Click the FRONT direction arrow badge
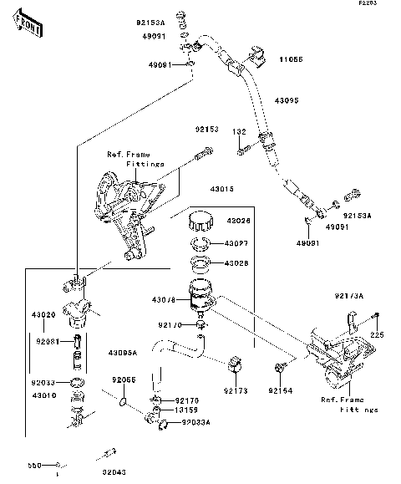pyautogui.click(x=27, y=26)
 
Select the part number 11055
pyautogui.click(x=290, y=60)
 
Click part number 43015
pyautogui.click(x=221, y=190)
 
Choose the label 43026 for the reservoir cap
pyautogui.click(x=239, y=221)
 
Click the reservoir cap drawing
pyautogui.click(x=200, y=222)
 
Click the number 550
pyautogui.click(x=34, y=465)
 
